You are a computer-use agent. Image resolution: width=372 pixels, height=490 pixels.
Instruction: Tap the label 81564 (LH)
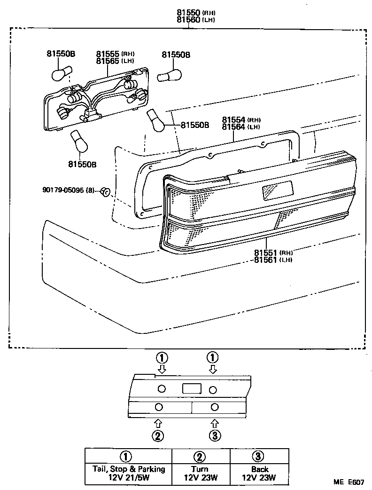(235, 127)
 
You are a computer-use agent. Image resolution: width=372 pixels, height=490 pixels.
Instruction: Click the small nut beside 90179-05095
(106, 191)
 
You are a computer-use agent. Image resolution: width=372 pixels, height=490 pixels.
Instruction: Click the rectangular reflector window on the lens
(277, 189)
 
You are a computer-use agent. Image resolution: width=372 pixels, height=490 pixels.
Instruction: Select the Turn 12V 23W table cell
(200, 474)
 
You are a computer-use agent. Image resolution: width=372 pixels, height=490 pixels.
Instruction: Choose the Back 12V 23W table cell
(259, 474)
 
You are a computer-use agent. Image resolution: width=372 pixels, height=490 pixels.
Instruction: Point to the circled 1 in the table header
(125, 456)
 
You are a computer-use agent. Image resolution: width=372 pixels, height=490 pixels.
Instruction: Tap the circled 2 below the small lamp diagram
(158, 436)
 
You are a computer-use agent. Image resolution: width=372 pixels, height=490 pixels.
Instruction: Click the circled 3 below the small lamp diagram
(215, 436)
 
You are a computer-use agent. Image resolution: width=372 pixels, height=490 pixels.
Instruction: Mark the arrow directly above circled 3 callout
(215, 423)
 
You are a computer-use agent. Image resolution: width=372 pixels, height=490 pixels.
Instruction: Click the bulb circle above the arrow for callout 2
(159, 406)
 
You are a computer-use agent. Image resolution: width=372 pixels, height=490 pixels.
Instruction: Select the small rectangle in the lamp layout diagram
(191, 388)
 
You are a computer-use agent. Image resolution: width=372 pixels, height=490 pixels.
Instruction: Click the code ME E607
(349, 482)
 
